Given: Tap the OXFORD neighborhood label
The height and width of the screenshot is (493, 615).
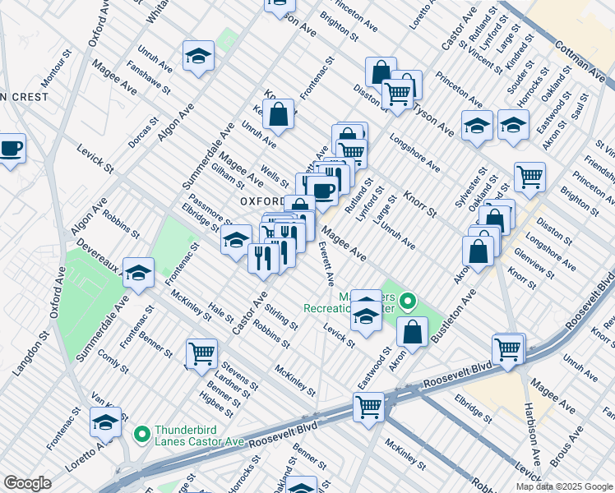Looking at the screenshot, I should [261, 200].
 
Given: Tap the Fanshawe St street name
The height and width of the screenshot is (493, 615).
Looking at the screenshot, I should [148, 79].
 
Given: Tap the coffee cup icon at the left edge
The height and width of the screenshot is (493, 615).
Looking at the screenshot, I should [11, 149].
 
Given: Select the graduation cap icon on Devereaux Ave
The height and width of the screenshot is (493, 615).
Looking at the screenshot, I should [139, 272].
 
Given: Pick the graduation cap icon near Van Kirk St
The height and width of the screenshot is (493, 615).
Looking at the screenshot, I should [105, 422].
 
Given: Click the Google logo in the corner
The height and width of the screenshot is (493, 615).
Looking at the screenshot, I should [27, 483].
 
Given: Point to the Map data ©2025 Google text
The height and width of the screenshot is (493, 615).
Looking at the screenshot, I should [563, 486].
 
